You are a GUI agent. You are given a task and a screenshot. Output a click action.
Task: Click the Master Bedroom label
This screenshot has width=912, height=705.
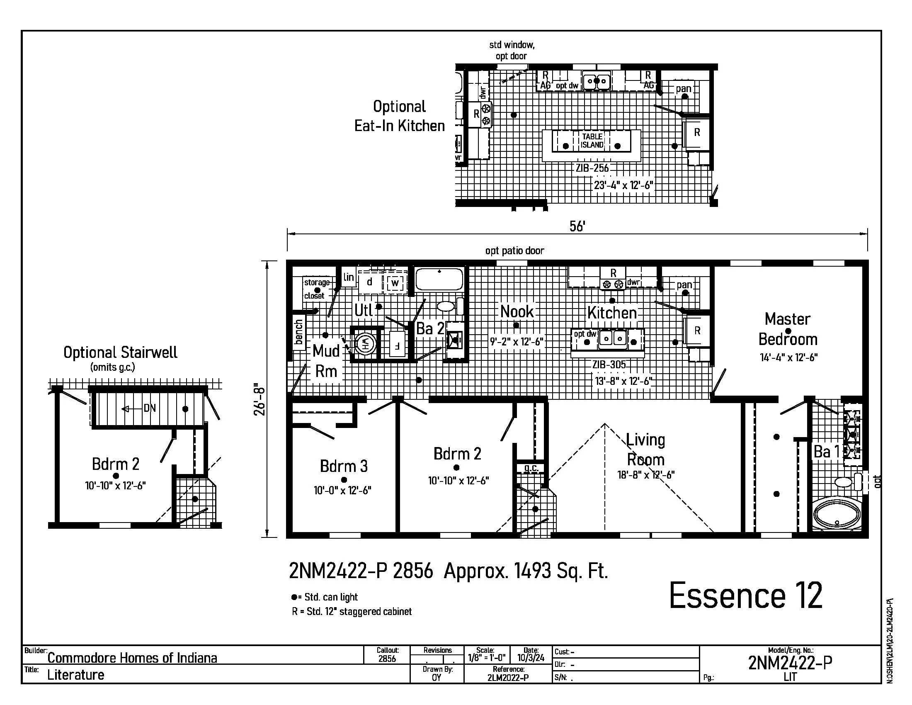(788, 329)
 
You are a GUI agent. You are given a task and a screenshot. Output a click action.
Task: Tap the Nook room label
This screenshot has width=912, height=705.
(517, 311)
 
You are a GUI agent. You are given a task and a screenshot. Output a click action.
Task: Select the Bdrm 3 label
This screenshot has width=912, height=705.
(344, 466)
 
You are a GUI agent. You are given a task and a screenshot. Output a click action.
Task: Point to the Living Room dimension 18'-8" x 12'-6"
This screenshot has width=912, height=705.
(646, 475)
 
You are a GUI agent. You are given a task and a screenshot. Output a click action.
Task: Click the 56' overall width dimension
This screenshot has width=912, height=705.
(577, 226)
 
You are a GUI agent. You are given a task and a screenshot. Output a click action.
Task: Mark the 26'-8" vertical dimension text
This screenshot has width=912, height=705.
(260, 399)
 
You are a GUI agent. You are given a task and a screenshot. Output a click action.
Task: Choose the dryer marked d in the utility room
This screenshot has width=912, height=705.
(369, 282)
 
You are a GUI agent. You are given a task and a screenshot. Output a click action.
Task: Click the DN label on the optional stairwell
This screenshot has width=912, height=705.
(150, 408)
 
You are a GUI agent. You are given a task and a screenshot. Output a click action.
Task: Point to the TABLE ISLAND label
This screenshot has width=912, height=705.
(592, 141)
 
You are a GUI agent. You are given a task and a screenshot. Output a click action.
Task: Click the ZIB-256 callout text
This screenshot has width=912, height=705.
(592, 168)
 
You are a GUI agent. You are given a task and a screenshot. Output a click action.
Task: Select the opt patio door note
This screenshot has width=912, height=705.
(514, 250)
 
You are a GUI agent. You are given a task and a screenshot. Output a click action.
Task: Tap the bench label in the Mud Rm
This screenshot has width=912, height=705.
(298, 332)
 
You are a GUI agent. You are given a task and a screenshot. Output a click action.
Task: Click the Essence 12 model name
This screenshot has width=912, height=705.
(746, 596)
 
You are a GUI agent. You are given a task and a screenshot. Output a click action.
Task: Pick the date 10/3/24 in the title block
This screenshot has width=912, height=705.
(531, 658)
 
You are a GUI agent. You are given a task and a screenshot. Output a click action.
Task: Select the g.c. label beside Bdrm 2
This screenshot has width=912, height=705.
(531, 468)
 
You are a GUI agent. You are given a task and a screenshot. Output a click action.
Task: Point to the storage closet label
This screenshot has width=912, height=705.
(316, 289)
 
